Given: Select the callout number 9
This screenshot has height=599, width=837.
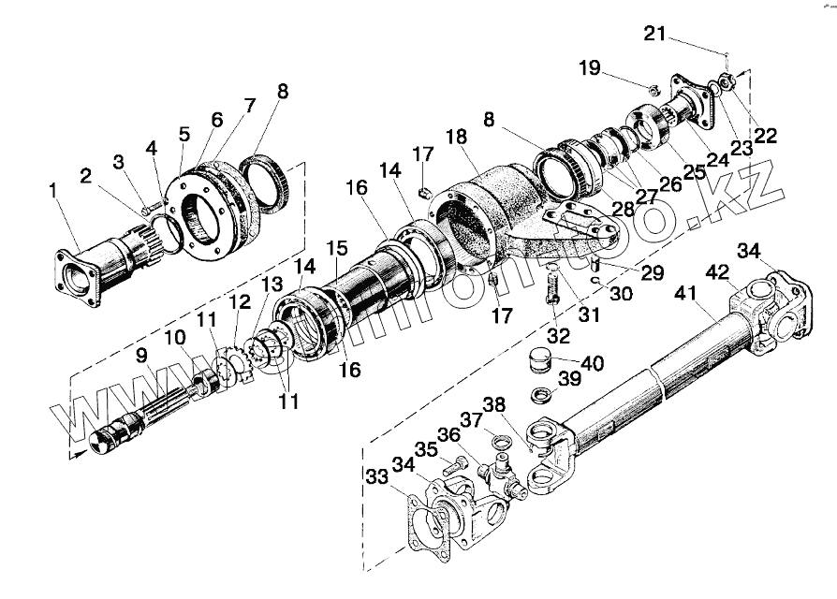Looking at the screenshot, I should click(x=141, y=356).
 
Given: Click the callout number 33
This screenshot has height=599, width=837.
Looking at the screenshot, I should click(x=377, y=477).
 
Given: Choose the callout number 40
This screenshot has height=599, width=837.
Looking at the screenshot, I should click(x=593, y=363).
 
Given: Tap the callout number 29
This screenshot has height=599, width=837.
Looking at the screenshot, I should click(x=653, y=273).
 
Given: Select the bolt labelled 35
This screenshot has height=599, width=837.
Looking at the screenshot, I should click(x=459, y=464).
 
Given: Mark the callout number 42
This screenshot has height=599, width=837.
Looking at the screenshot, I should click(x=718, y=273).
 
